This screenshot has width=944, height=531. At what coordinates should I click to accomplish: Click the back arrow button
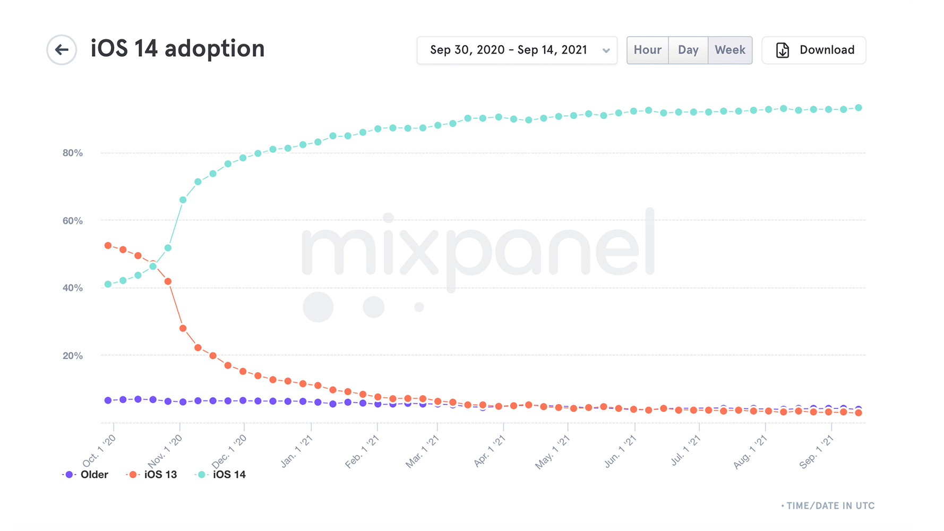62,50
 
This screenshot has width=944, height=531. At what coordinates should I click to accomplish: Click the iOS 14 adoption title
177,49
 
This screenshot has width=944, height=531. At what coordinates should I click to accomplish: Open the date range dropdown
517,50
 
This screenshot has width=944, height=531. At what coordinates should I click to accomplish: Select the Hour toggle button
647,50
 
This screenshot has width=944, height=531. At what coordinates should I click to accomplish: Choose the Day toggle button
688,50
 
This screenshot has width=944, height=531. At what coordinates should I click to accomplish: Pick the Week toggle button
730,50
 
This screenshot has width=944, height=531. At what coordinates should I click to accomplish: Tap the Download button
813,50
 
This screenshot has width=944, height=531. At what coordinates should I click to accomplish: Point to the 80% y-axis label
73,153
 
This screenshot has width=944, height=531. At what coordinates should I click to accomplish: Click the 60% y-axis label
73,220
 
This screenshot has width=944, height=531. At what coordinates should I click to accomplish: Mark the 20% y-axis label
73,356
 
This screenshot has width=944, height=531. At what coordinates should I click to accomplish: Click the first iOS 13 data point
108,246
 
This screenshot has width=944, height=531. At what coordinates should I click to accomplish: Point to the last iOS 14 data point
859,108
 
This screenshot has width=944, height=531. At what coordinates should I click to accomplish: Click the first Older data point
108,400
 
